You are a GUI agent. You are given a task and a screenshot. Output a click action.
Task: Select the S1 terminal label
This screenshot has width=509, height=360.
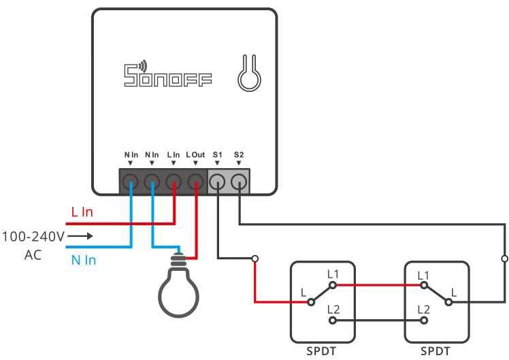point(218,155)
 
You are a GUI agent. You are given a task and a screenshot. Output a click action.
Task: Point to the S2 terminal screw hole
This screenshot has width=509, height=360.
point(239,182)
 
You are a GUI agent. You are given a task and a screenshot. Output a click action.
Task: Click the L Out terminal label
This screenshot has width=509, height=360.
point(195,155)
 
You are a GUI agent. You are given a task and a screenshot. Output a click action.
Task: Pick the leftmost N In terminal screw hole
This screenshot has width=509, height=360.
point(131,182)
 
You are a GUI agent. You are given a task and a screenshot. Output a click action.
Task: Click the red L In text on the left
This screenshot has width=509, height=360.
point(82,212)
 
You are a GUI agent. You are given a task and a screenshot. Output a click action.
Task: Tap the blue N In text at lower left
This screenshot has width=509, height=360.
point(84,259)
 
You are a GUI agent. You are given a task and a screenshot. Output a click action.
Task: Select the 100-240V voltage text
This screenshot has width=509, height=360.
point(33,237)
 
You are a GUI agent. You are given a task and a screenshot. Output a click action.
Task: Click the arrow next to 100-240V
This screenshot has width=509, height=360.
point(80,237)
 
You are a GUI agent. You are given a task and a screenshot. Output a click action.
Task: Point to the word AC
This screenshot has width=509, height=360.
point(33,257)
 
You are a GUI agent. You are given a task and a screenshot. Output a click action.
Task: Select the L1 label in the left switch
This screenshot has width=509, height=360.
point(333,274)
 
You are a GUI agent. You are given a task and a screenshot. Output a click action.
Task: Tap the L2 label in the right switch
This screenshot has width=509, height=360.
point(423,310)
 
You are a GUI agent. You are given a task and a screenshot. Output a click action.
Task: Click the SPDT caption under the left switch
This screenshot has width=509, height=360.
point(322,352)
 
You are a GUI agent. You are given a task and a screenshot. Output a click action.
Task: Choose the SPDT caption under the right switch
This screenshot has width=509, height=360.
point(436,352)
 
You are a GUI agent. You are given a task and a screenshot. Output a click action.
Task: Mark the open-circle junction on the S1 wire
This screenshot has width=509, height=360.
point(255,259)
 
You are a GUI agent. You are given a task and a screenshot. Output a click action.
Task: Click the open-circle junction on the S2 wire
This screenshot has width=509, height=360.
point(504,259)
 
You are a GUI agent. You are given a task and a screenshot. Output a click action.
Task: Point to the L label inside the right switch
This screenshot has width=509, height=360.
point(455,292)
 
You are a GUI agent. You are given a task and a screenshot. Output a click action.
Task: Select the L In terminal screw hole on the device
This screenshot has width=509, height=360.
point(174,182)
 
